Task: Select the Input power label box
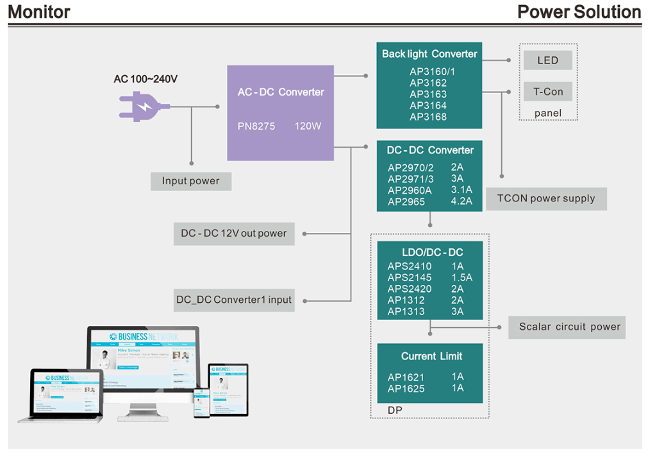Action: (190, 181)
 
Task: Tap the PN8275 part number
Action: (256, 126)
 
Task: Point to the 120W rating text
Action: (308, 126)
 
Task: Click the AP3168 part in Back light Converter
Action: (428, 117)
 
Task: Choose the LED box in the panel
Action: (548, 60)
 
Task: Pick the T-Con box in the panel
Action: (548, 92)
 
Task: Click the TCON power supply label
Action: (546, 198)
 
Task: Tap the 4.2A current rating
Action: (461, 201)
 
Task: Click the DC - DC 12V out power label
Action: (234, 234)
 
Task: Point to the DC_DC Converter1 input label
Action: (234, 300)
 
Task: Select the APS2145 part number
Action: (410, 278)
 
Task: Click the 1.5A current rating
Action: (461, 278)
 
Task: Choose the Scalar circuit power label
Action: (569, 327)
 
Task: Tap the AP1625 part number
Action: (406, 389)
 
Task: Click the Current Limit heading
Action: (431, 356)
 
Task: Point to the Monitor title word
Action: (39, 12)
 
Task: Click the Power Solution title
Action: (579, 12)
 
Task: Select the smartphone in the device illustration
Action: (201, 404)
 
